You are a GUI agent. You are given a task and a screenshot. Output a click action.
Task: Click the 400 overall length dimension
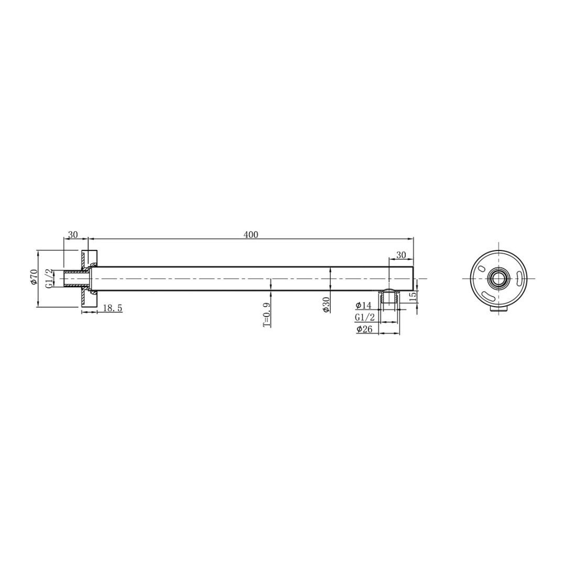point(251,235)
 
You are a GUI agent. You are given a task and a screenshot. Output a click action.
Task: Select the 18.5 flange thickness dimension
point(112,309)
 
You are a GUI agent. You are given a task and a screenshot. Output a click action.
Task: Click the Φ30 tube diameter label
point(326,304)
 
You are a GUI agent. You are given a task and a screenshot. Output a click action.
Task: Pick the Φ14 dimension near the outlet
point(363,306)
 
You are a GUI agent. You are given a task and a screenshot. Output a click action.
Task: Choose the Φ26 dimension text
point(364,330)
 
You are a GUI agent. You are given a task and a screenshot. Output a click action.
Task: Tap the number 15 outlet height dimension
point(413,296)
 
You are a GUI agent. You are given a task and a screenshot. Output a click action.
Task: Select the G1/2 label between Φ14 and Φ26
point(365,318)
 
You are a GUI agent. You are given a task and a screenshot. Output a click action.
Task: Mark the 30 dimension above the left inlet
point(73,235)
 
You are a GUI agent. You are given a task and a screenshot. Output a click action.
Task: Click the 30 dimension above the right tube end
point(401,255)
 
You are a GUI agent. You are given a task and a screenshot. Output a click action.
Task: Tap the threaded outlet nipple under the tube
point(389,298)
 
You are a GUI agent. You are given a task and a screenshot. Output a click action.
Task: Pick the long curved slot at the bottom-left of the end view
point(488,297)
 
